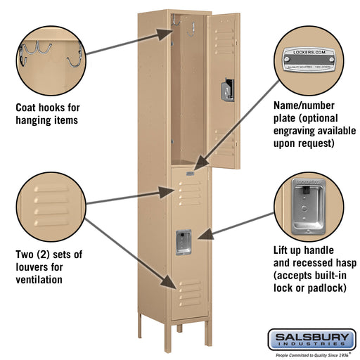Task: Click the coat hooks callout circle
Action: pos(47,57)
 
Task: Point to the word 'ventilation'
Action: pos(39,279)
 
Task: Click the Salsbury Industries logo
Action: pos(311,340)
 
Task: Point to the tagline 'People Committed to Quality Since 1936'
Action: pos(311,354)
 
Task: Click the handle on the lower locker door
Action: pos(185,240)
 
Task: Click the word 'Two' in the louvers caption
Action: pos(25,254)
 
